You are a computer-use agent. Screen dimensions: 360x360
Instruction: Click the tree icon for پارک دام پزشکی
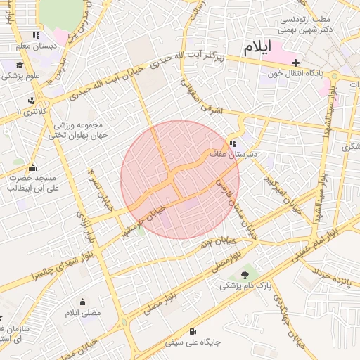click(244, 275)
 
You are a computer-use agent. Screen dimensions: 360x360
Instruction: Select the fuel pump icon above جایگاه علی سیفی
click(193, 332)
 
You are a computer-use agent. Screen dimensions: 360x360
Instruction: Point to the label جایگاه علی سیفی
click(193, 343)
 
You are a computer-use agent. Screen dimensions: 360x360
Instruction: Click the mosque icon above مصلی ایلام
click(83, 302)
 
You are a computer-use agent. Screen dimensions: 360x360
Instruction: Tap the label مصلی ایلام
click(83, 312)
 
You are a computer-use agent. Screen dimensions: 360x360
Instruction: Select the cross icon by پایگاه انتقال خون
click(295, 62)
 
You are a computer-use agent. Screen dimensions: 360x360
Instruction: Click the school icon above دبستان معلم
click(35, 35)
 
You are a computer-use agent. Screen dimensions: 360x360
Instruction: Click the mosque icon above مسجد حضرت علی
click(32, 167)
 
